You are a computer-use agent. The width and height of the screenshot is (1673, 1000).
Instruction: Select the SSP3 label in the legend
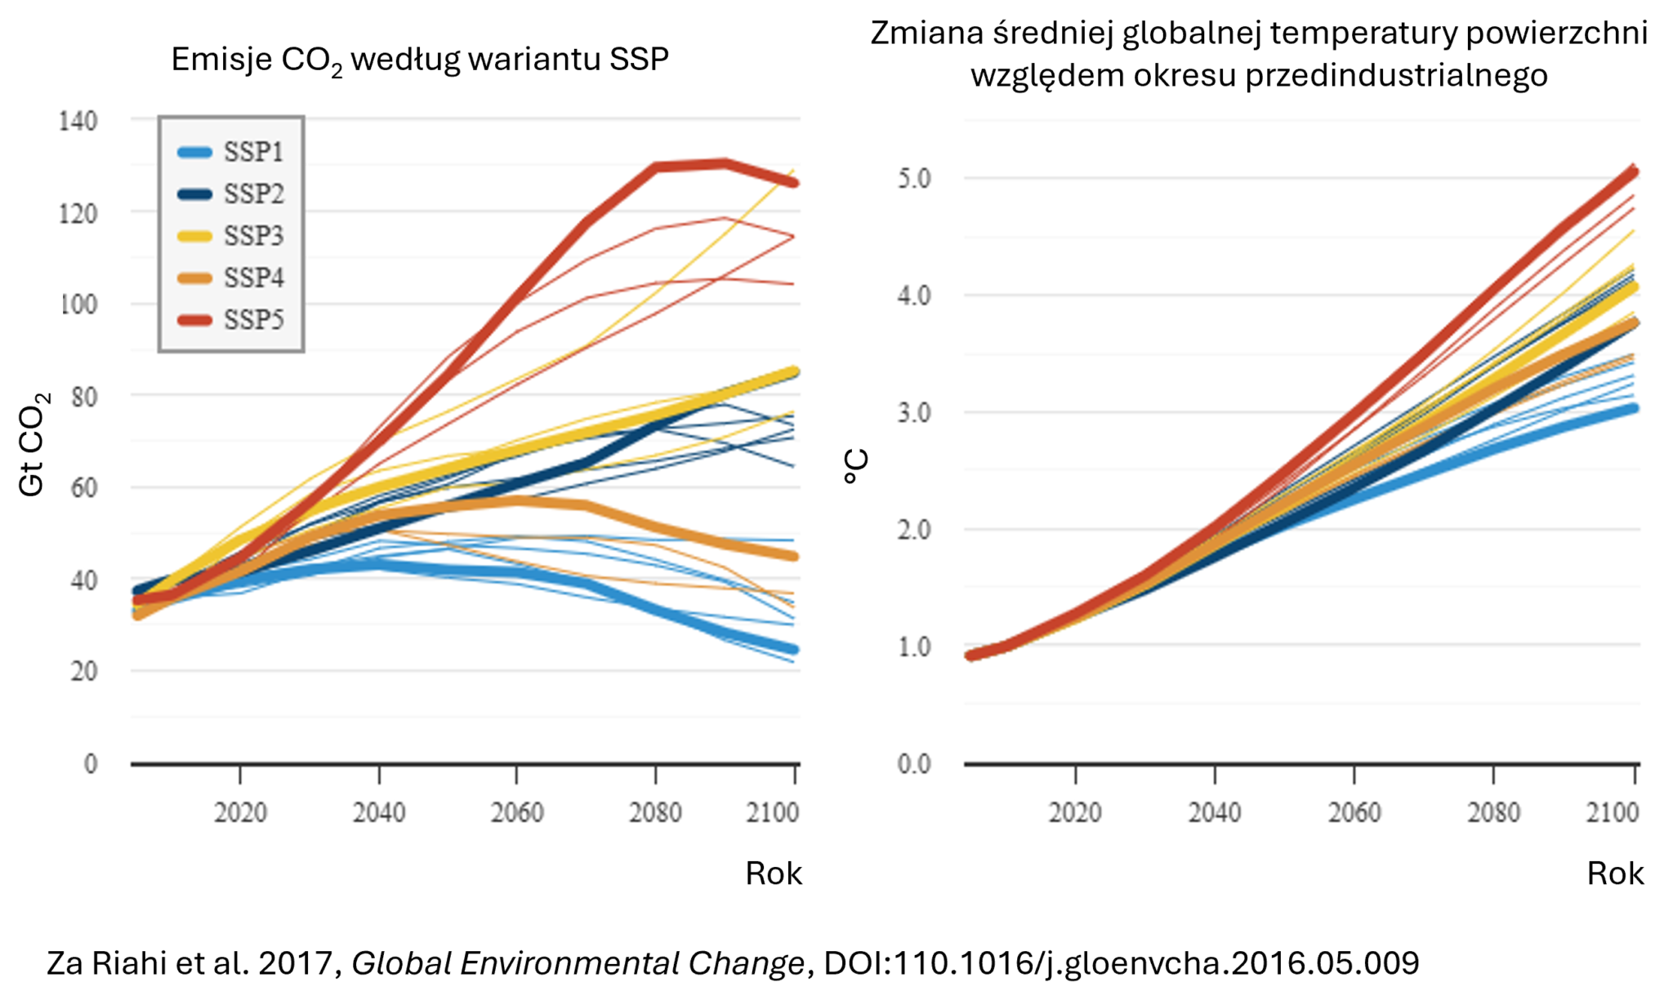tap(253, 236)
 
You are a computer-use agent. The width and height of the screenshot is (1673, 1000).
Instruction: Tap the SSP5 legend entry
tap(253, 319)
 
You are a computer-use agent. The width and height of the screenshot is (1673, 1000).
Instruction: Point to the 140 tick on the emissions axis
tap(78, 122)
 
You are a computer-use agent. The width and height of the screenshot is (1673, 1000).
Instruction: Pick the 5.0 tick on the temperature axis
tap(914, 178)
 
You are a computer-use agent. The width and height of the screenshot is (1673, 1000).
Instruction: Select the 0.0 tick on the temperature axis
tap(914, 764)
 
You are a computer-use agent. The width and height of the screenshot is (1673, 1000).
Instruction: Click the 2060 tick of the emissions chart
tap(517, 813)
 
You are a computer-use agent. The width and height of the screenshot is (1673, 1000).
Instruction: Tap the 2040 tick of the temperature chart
tap(1215, 813)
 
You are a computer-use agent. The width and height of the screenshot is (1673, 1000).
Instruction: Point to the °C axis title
tap(856, 466)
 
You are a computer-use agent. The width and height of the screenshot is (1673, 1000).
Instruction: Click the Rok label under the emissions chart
tap(773, 873)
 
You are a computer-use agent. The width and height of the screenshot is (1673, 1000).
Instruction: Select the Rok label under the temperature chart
tap(1614, 873)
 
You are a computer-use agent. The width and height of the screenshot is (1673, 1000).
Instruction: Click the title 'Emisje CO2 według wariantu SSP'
tap(420, 60)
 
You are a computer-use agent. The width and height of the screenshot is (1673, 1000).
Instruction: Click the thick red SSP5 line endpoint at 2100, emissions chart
tap(793, 183)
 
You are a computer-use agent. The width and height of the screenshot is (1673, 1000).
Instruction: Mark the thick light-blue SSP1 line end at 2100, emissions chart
tap(793, 650)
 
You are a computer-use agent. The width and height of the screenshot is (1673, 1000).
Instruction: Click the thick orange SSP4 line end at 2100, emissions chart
tap(793, 557)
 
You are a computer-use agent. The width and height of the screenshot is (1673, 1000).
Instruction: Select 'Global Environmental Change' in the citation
tap(578, 963)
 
